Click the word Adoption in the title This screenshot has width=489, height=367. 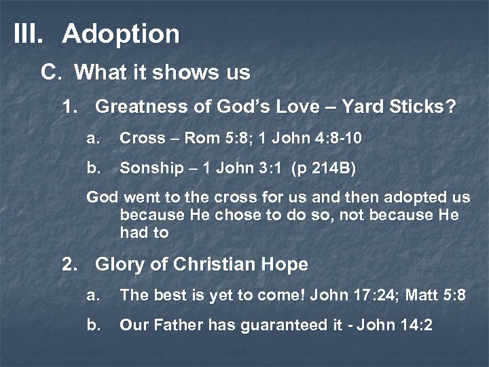click(121, 34)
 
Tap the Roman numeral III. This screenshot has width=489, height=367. click(29, 34)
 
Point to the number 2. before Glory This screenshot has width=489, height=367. click(70, 264)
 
